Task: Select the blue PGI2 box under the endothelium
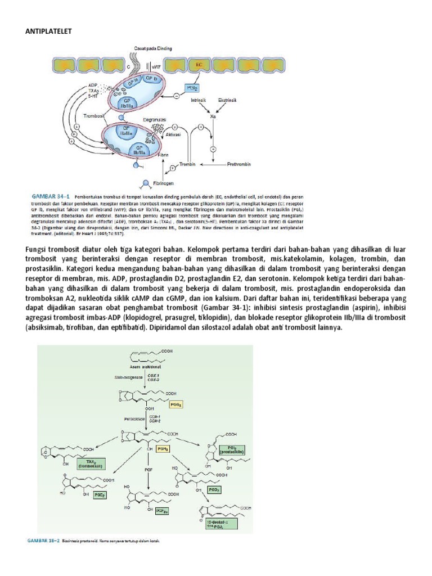pos(191,88)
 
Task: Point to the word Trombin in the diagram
pos(187,164)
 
